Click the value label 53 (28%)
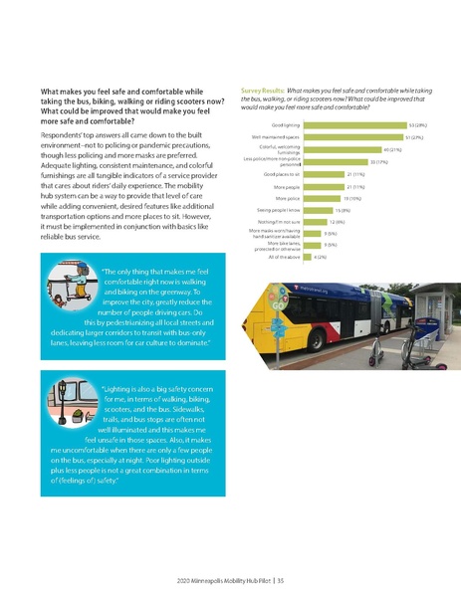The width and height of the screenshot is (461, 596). point(418,125)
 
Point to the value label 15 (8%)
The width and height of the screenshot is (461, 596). point(342,211)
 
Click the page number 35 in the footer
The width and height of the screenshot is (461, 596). point(282,579)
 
